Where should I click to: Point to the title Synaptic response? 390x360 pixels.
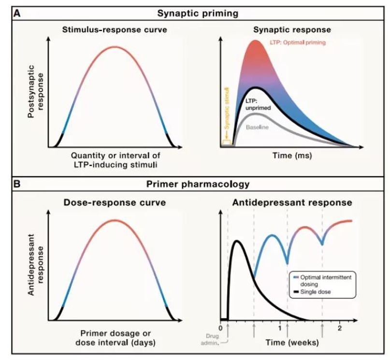[288, 30]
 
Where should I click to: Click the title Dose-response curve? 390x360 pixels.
[115, 202]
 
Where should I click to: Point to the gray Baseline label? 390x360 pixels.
[258, 128]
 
